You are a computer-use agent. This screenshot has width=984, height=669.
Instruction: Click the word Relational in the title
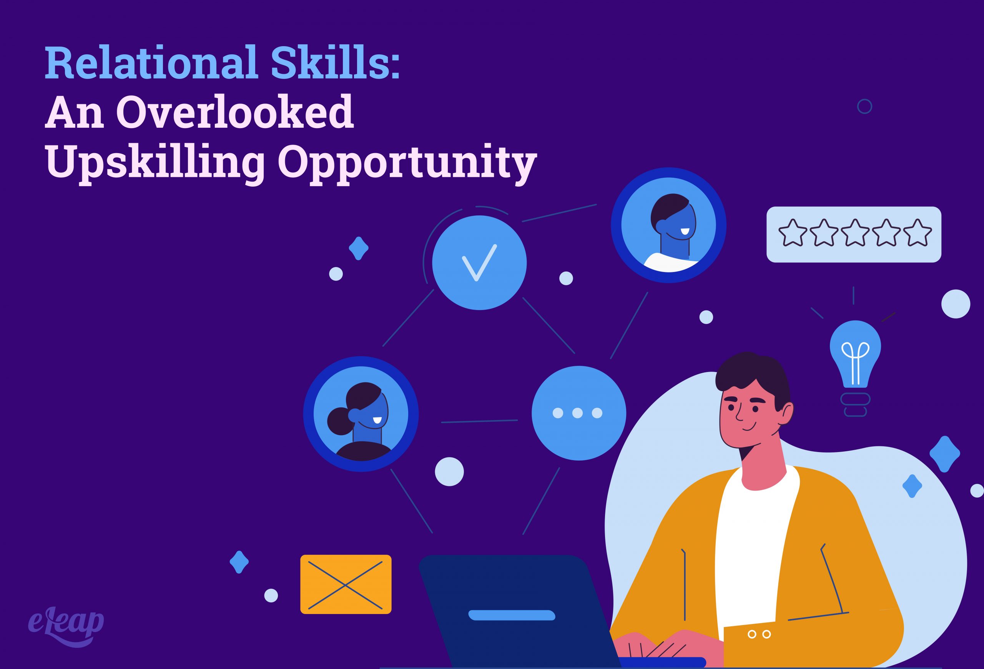point(151,63)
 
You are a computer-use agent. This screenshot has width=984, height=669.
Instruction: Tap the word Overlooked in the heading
point(234,112)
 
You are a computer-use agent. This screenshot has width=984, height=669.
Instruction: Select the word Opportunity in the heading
point(407,163)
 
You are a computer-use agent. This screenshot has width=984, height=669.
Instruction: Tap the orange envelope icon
point(346,584)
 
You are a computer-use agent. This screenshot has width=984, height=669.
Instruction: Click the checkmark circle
point(479,263)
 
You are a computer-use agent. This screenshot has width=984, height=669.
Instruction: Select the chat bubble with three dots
point(578,413)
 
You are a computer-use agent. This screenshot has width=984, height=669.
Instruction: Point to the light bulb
point(855,356)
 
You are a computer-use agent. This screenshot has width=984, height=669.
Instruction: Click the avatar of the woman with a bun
point(361,414)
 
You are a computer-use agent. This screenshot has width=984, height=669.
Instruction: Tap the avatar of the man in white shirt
point(668,225)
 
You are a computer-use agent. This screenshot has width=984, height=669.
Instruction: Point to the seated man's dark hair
point(754,373)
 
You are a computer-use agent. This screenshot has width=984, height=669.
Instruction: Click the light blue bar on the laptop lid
point(512,615)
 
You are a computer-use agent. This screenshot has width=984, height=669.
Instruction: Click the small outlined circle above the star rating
point(864,106)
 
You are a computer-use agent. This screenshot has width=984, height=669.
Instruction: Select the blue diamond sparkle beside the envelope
point(239,562)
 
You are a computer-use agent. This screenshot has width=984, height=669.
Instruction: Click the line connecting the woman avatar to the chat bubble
point(479,421)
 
